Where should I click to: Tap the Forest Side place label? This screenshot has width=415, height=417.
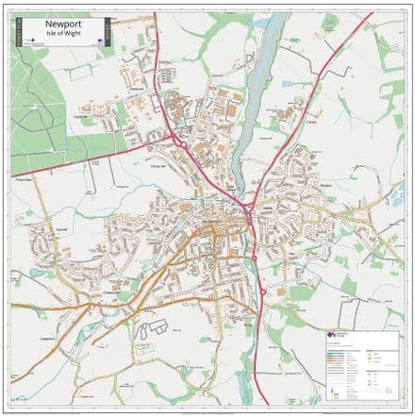[x=22, y=177]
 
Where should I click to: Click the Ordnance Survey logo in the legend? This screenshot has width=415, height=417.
[x=332, y=336]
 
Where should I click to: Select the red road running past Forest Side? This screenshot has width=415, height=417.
[x=57, y=174]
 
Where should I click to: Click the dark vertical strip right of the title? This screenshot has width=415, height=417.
[x=107, y=31]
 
